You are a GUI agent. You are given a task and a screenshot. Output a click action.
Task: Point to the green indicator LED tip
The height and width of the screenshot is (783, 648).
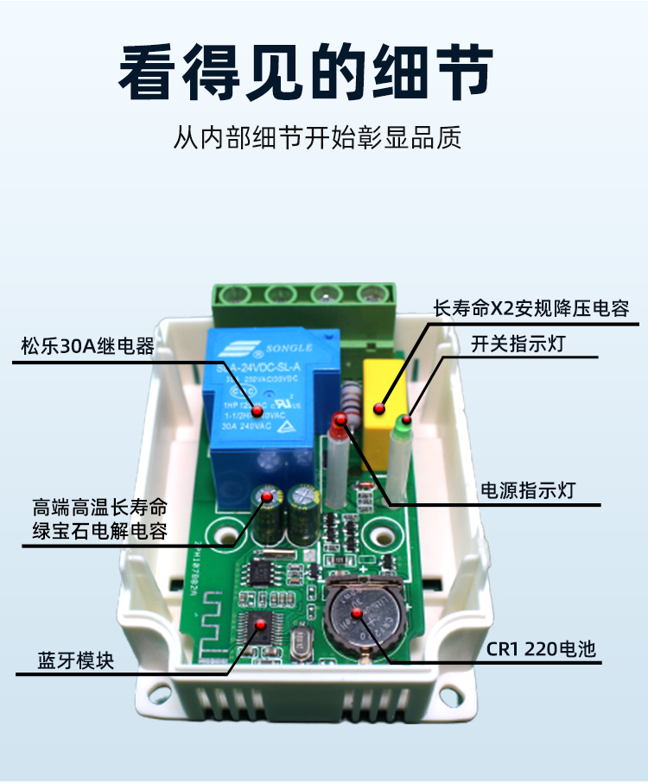point(403,423)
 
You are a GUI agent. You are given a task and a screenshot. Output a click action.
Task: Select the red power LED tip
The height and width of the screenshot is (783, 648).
point(340,421)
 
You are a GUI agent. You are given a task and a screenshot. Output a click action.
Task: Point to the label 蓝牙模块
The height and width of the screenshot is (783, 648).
point(75,660)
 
